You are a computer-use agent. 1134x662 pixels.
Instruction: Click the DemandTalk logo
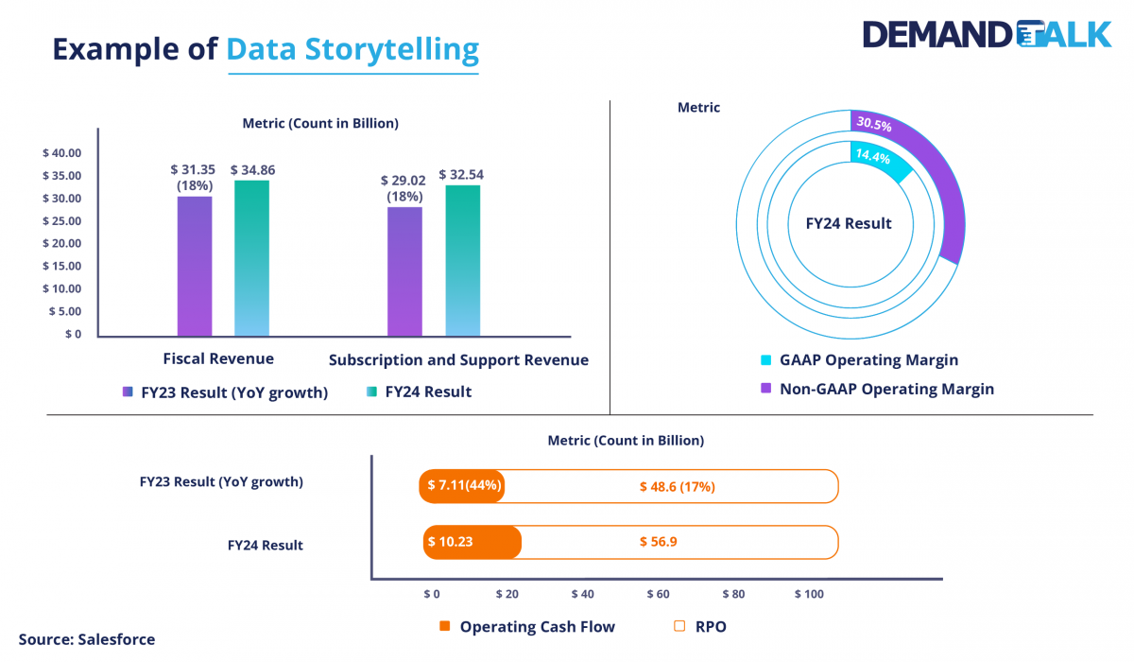[987, 34]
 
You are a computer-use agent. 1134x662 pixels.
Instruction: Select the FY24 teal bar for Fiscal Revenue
[251, 258]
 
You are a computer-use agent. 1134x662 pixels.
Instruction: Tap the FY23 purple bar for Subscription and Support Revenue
[404, 271]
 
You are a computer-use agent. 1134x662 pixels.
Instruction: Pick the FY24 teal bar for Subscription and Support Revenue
[463, 261]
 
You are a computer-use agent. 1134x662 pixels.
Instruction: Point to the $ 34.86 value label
[252, 170]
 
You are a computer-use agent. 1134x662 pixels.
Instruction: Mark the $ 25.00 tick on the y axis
[62, 221]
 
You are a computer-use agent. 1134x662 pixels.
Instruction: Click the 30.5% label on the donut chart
[873, 124]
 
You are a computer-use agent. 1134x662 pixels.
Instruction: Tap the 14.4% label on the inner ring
[871, 158]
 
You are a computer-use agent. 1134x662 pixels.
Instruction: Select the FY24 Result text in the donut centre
[848, 224]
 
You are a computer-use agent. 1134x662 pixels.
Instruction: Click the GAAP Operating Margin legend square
[766, 360]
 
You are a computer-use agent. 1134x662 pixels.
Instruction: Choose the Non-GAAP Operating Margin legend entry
[885, 389]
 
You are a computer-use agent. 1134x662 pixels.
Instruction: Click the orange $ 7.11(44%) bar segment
[463, 486]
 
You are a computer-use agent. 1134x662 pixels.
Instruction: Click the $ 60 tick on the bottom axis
[658, 594]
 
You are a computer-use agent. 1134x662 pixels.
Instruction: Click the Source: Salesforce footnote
[87, 639]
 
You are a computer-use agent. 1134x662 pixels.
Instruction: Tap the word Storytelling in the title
[352, 48]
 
